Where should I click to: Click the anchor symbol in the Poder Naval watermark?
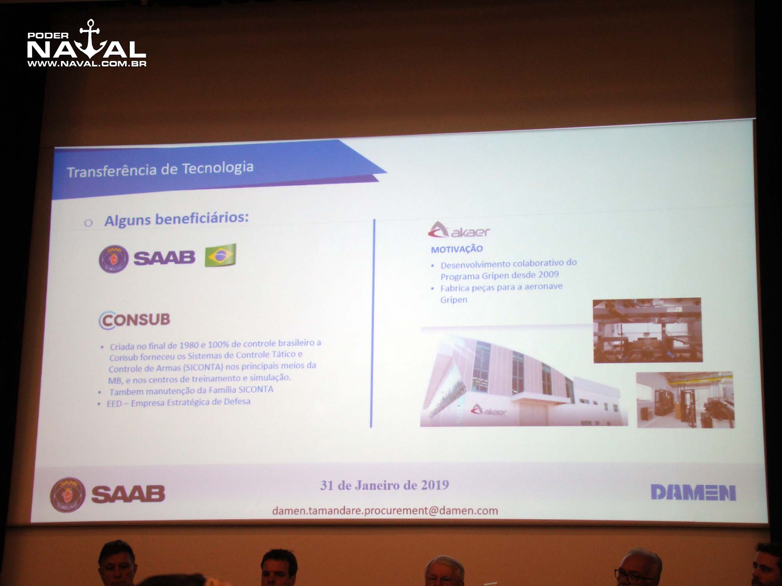[91, 39]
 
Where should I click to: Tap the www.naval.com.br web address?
[87, 63]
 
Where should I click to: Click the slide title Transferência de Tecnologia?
[160, 169]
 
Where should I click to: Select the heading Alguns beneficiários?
[176, 219]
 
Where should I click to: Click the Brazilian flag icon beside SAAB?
[221, 255]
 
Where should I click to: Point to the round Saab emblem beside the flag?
[113, 258]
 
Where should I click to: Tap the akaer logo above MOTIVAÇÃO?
[459, 230]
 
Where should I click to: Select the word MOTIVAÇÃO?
[457, 249]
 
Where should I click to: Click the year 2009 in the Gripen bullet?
[548, 275]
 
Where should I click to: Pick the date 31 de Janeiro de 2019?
[385, 485]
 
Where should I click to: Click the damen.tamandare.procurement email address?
[385, 511]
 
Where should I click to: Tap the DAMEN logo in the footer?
[693, 492]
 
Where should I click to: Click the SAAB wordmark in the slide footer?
[128, 494]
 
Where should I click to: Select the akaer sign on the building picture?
[488, 411]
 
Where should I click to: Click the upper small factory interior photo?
[647, 330]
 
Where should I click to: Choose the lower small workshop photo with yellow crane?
[685, 400]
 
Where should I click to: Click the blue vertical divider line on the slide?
[373, 323]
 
